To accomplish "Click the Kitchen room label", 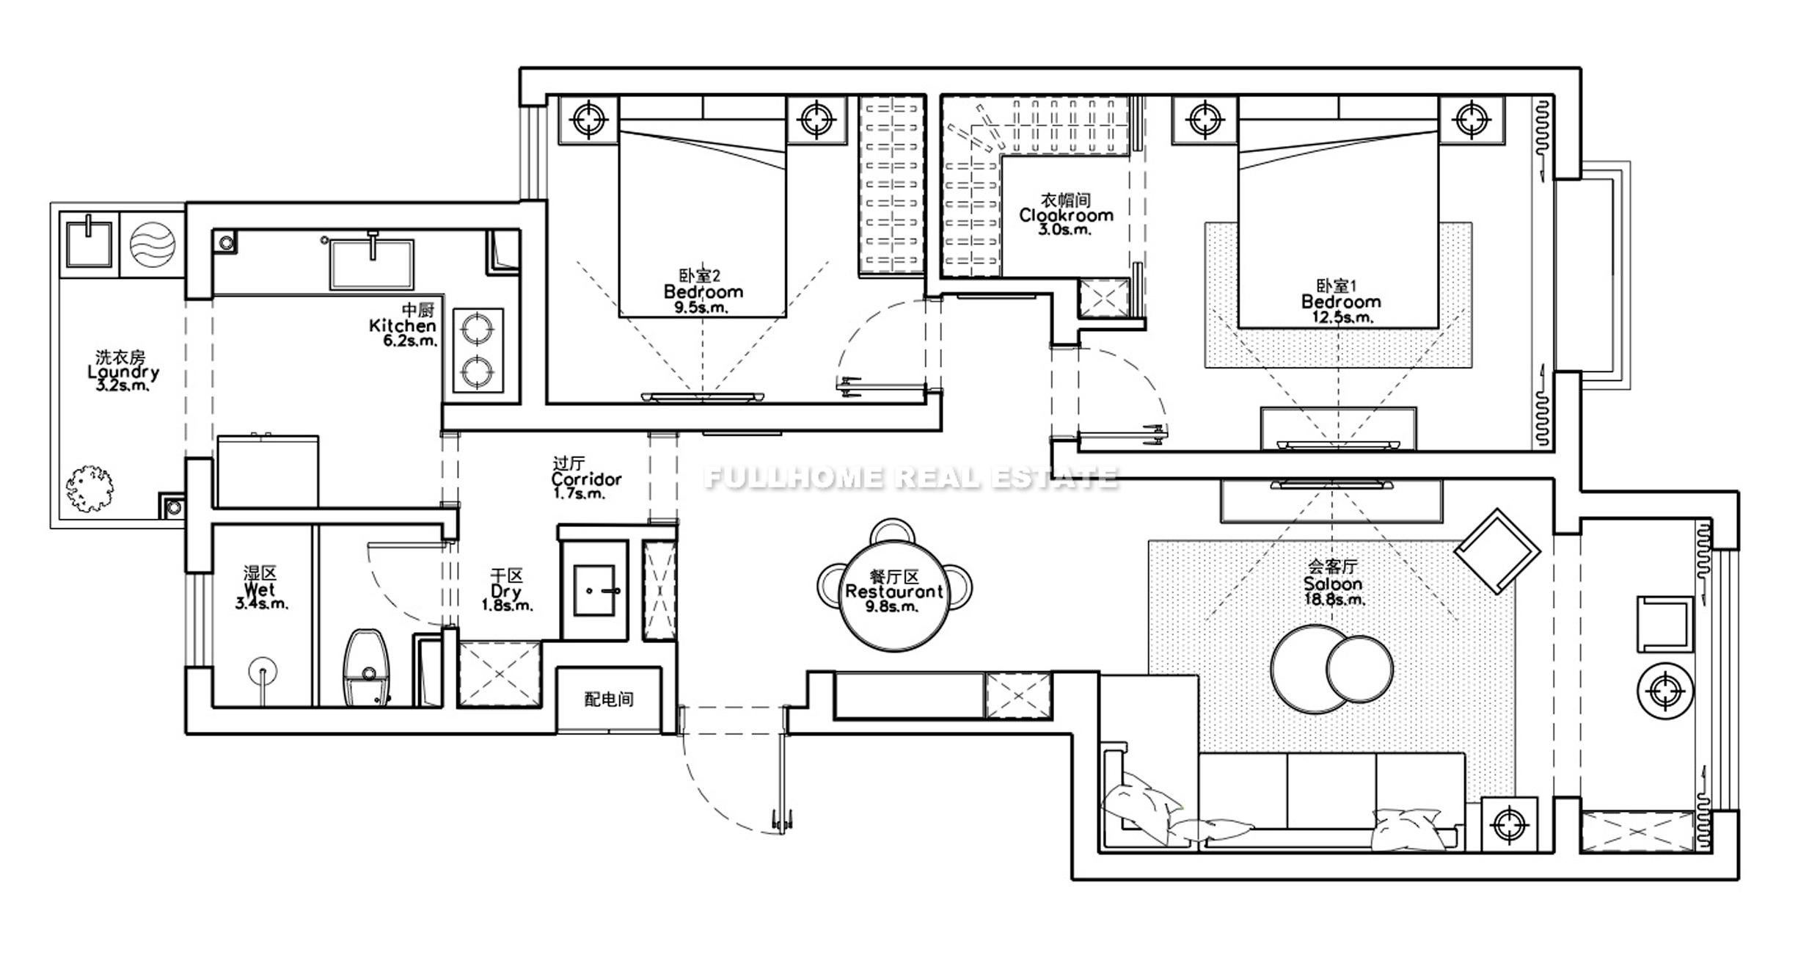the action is pyautogui.click(x=403, y=325).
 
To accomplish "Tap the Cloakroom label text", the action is pyautogui.click(x=1066, y=215).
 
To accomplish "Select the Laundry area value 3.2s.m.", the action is pyautogui.click(x=123, y=385).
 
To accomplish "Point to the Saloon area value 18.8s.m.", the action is pyautogui.click(x=1334, y=599).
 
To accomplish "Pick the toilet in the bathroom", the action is pyautogui.click(x=368, y=667).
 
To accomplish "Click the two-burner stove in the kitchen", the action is pyautogui.click(x=478, y=350).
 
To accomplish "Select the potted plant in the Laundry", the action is pyautogui.click(x=89, y=488).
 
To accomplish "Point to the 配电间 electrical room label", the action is pyautogui.click(x=608, y=699).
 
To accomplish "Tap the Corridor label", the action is pyautogui.click(x=586, y=479).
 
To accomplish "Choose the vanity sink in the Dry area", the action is pyautogui.click(x=594, y=590).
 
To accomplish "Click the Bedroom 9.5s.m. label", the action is pyautogui.click(x=703, y=291).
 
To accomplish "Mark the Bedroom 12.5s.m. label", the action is pyautogui.click(x=1340, y=302).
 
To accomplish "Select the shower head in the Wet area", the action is pyautogui.click(x=263, y=671).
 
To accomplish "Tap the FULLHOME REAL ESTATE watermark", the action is pyautogui.click(x=910, y=478).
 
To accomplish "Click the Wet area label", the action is pyautogui.click(x=260, y=589).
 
